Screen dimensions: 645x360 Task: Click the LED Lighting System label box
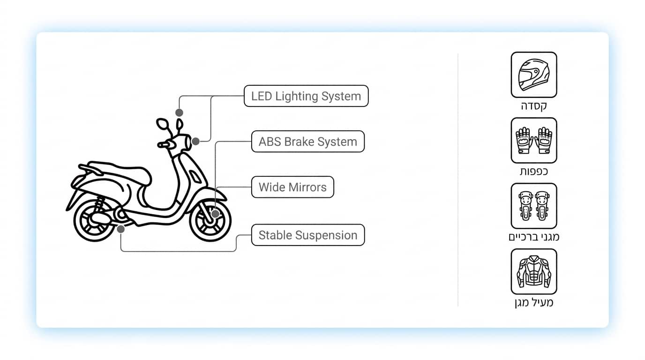(306, 96)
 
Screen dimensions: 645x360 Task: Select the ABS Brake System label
(308, 142)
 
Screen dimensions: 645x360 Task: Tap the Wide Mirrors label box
(292, 187)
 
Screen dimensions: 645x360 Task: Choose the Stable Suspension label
(308, 235)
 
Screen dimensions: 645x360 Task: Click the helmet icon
(534, 75)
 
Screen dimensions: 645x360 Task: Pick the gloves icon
(534, 140)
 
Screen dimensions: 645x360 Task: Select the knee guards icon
(534, 206)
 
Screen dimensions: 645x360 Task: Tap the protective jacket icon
(534, 271)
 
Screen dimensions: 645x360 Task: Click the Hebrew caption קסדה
(534, 106)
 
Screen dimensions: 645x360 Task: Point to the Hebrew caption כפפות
(534, 172)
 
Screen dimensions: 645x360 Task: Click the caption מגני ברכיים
(534, 237)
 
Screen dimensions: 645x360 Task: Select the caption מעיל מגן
(534, 303)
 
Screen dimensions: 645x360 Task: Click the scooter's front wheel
(210, 221)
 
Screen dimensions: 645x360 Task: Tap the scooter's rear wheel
(95, 221)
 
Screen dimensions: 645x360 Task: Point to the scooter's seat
(121, 173)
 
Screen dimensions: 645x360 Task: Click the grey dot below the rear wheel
(120, 229)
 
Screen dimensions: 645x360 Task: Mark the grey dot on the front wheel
(215, 214)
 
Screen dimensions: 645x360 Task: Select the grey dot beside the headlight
(195, 142)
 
